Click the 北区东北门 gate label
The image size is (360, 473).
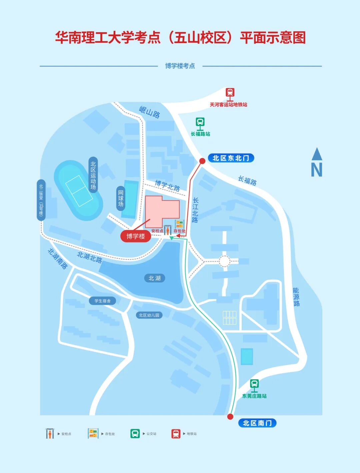(x=231, y=158)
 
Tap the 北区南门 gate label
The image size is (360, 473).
(x=257, y=423)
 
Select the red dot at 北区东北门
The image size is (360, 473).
(x=202, y=161)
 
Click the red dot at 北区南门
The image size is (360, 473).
(x=230, y=417)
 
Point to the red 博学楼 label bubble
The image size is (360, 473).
(x=136, y=236)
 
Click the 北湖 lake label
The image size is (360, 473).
(x=154, y=278)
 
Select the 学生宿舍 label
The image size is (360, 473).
(x=102, y=301)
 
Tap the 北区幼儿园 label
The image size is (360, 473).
(x=149, y=315)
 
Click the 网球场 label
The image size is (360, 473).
(x=121, y=198)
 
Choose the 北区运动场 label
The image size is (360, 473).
(x=93, y=175)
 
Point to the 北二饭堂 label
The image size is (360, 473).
(x=41, y=200)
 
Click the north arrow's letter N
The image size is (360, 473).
(x=317, y=170)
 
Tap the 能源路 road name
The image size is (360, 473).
(x=296, y=297)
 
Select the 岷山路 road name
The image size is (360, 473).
(x=150, y=112)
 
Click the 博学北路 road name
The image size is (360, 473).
(x=167, y=185)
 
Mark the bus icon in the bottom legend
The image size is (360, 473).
(x=135, y=434)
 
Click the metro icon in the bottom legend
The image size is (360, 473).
(x=176, y=434)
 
